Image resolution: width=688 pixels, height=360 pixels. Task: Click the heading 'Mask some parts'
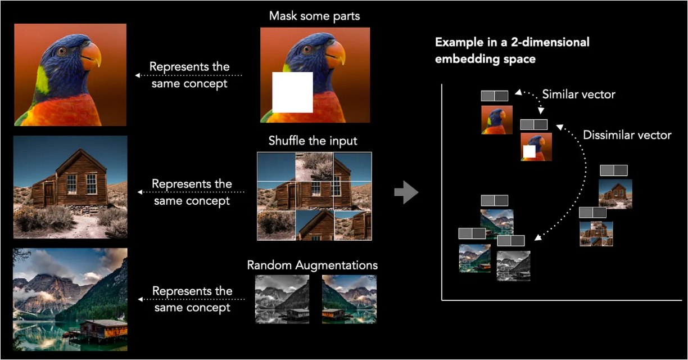314,16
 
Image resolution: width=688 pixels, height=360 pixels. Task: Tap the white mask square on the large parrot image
292,92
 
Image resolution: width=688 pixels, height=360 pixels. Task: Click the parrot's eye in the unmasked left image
61,51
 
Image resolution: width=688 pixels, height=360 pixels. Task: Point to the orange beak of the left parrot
91,57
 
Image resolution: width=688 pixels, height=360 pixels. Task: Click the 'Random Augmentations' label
312,264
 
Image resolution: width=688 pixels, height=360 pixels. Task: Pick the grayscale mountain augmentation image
283,299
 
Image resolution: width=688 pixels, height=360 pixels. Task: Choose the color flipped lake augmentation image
349,299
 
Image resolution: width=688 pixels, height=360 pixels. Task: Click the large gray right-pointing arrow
406,193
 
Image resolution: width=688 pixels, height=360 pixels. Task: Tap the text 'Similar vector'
578,94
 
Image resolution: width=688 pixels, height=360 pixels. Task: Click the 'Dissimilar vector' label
627,135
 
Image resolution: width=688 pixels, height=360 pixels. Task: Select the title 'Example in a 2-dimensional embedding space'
512,50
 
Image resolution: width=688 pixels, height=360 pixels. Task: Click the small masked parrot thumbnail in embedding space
536,147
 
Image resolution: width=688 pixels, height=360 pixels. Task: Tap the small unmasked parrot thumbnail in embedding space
496,119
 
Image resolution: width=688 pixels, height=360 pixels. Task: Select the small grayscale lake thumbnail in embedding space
513,265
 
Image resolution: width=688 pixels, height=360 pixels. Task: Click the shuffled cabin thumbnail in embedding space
596,233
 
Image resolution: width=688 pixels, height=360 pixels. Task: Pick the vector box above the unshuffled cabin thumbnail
613,170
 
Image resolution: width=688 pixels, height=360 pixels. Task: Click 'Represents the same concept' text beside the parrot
189,75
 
